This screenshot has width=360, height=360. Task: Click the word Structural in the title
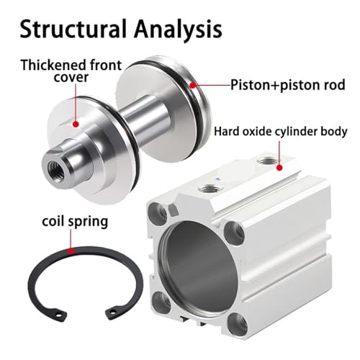pos(73,29)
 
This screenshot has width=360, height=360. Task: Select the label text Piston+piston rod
pos(288,85)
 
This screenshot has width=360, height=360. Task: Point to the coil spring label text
pos(75,221)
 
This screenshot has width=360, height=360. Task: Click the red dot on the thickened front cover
pos(76,124)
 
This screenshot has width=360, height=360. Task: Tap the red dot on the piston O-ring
pos(193,85)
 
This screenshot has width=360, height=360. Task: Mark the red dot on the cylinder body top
pos(279,167)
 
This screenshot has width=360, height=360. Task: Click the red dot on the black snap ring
pos(71,251)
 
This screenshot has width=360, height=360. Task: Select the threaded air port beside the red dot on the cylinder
pos(266,161)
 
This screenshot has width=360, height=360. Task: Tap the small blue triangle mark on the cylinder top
pos(218,179)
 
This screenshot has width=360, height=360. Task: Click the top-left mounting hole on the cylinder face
pos(158,211)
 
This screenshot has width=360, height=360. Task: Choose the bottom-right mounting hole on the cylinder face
pos(237,323)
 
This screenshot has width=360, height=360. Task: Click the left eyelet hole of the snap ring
pos(57,313)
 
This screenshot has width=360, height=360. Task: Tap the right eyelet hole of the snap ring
pos(111,312)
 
